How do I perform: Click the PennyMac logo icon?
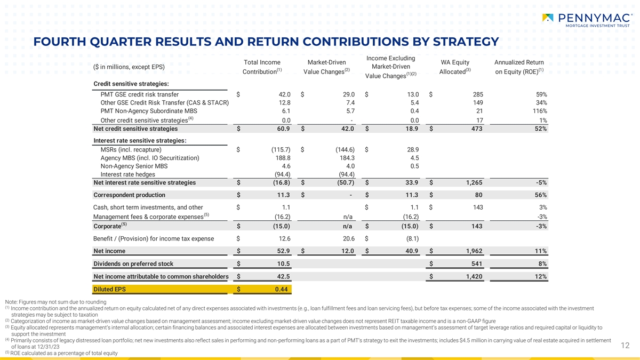click(x=548, y=18)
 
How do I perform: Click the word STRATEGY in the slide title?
click(x=466, y=42)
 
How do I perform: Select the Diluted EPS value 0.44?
click(x=282, y=289)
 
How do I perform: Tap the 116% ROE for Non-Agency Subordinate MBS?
click(x=540, y=111)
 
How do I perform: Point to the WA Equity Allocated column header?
click(x=455, y=67)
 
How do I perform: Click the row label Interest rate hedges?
click(x=127, y=174)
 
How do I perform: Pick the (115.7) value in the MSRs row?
click(x=281, y=149)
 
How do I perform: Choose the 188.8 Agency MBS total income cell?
click(x=283, y=158)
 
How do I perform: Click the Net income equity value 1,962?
click(x=474, y=251)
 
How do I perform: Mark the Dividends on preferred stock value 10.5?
click(x=283, y=263)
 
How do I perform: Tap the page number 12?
click(x=625, y=346)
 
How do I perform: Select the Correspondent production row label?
click(x=130, y=195)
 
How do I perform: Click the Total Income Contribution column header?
click(x=262, y=67)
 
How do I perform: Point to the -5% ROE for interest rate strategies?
click(x=541, y=182)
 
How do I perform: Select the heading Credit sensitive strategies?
click(x=131, y=84)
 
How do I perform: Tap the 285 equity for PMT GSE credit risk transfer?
click(x=478, y=94)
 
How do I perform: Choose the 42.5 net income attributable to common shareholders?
click(x=283, y=276)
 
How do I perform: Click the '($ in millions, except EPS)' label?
click(x=129, y=67)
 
